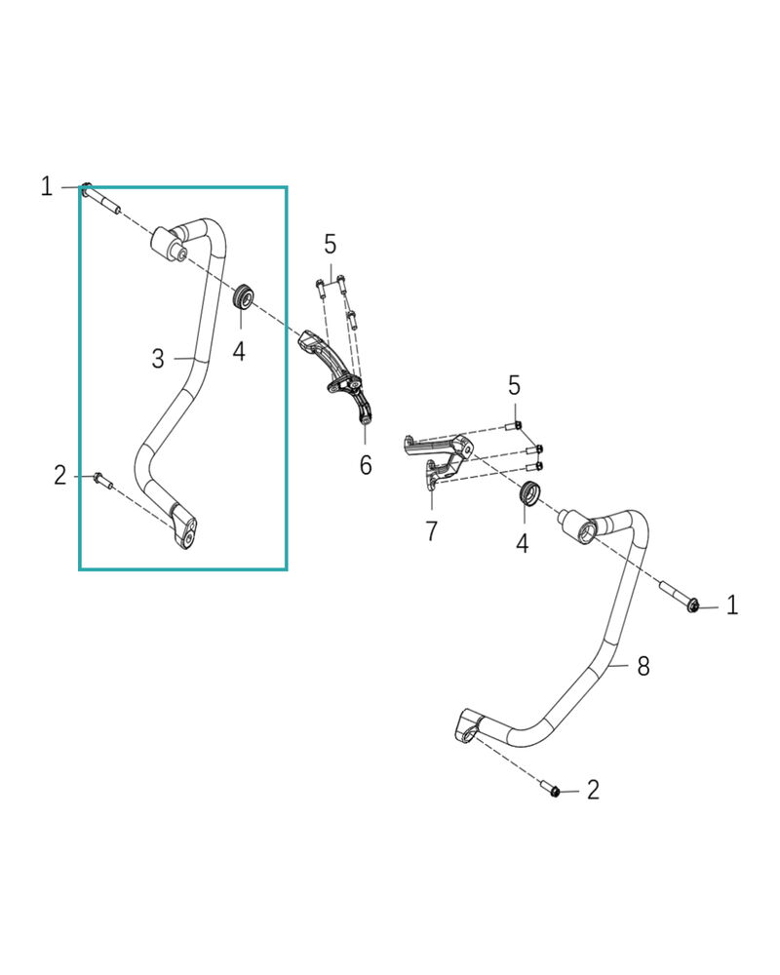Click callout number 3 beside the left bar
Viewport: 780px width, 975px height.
158,359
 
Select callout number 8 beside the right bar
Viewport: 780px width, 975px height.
643,667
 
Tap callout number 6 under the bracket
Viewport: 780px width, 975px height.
366,465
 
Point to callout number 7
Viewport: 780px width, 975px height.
431,531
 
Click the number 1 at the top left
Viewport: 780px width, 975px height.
47,185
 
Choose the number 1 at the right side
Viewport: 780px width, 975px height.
732,605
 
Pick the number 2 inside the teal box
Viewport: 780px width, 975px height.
60,476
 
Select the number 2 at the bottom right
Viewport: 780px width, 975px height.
593,790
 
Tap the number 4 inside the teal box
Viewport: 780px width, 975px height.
239,350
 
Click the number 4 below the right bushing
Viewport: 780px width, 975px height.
523,543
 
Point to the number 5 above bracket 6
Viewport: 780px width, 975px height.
331,244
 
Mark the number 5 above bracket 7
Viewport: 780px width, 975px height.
515,385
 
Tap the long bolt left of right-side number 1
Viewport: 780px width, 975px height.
679,597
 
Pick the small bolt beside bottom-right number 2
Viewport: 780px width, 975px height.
552,790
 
